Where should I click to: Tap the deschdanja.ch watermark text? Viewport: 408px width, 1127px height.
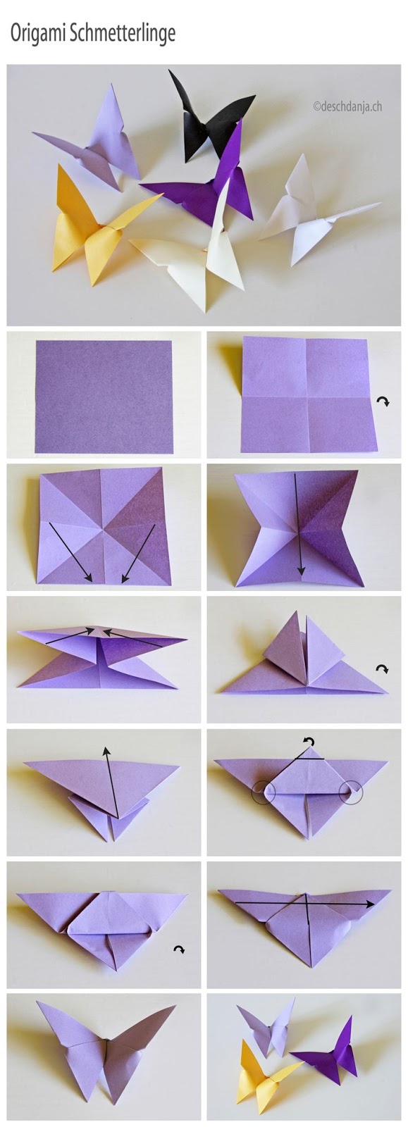click(x=347, y=107)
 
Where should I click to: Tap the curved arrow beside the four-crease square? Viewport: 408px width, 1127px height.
click(x=383, y=401)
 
